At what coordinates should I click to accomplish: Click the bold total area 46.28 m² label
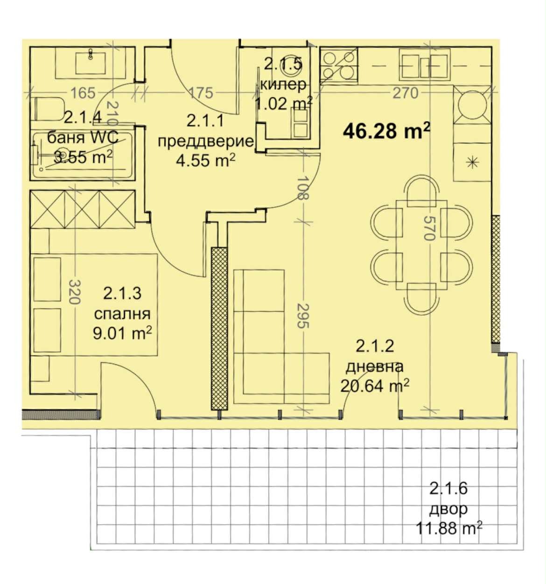386,131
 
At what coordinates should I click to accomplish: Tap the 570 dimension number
429,228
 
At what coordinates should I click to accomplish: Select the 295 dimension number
303,316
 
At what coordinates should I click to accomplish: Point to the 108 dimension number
302,188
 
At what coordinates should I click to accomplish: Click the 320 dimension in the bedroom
74,292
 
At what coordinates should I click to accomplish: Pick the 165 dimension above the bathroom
83,93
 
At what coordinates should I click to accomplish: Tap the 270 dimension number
406,93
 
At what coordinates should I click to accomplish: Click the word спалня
122,314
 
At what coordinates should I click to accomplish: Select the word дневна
374,366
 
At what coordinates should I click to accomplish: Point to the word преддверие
206,141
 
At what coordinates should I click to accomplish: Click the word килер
283,84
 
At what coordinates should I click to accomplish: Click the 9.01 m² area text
122,333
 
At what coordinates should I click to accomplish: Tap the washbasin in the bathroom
91,62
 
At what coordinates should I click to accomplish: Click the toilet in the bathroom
49,109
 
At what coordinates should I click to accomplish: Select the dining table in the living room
421,245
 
